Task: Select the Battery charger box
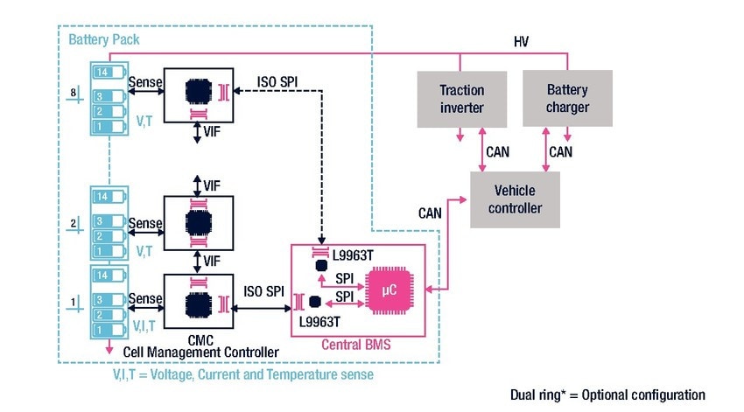click(567, 99)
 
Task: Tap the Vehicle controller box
click(515, 199)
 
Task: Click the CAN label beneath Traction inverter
click(497, 152)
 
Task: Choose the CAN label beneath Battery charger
click(560, 152)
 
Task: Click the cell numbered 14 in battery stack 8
click(104, 73)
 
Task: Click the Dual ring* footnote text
click(607, 395)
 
